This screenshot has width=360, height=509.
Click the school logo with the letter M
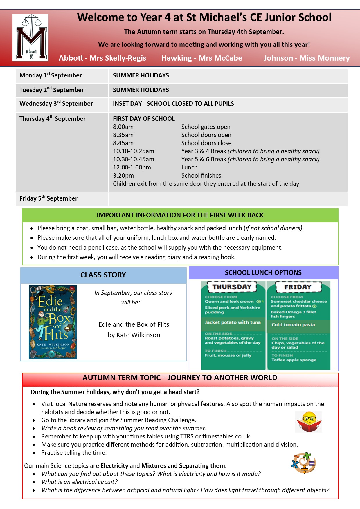pyautogui.click(x=30, y=37)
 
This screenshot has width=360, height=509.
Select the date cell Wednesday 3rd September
pyautogui.click(x=56, y=104)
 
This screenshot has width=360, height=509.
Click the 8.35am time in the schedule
pyautogui.click(x=123, y=135)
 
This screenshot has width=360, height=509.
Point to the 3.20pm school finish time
pyautogui.click(x=123, y=176)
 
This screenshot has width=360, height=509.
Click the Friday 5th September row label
pyautogui.click(x=48, y=198)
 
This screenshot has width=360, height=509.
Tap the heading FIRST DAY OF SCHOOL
pyautogui.click(x=144, y=119)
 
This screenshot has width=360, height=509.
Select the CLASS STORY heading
pyautogui.click(x=103, y=275)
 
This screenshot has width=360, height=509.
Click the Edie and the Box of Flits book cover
pyautogui.click(x=53, y=322)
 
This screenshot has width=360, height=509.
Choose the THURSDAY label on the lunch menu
pyautogui.click(x=232, y=287)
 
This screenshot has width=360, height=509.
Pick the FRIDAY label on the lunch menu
pyautogui.click(x=298, y=287)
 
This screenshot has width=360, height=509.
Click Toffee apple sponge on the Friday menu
pyautogui.click(x=294, y=360)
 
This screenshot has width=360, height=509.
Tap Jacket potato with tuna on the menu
pyautogui.click(x=233, y=322)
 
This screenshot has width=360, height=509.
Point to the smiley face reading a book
pyautogui.click(x=309, y=422)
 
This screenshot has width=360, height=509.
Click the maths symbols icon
pyautogui.click(x=303, y=463)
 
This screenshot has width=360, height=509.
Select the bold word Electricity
pyautogui.click(x=114, y=466)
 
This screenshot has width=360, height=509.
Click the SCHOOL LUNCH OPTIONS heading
pyautogui.click(x=263, y=273)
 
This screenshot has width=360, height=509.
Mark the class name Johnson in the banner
pyautogui.click(x=278, y=58)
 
